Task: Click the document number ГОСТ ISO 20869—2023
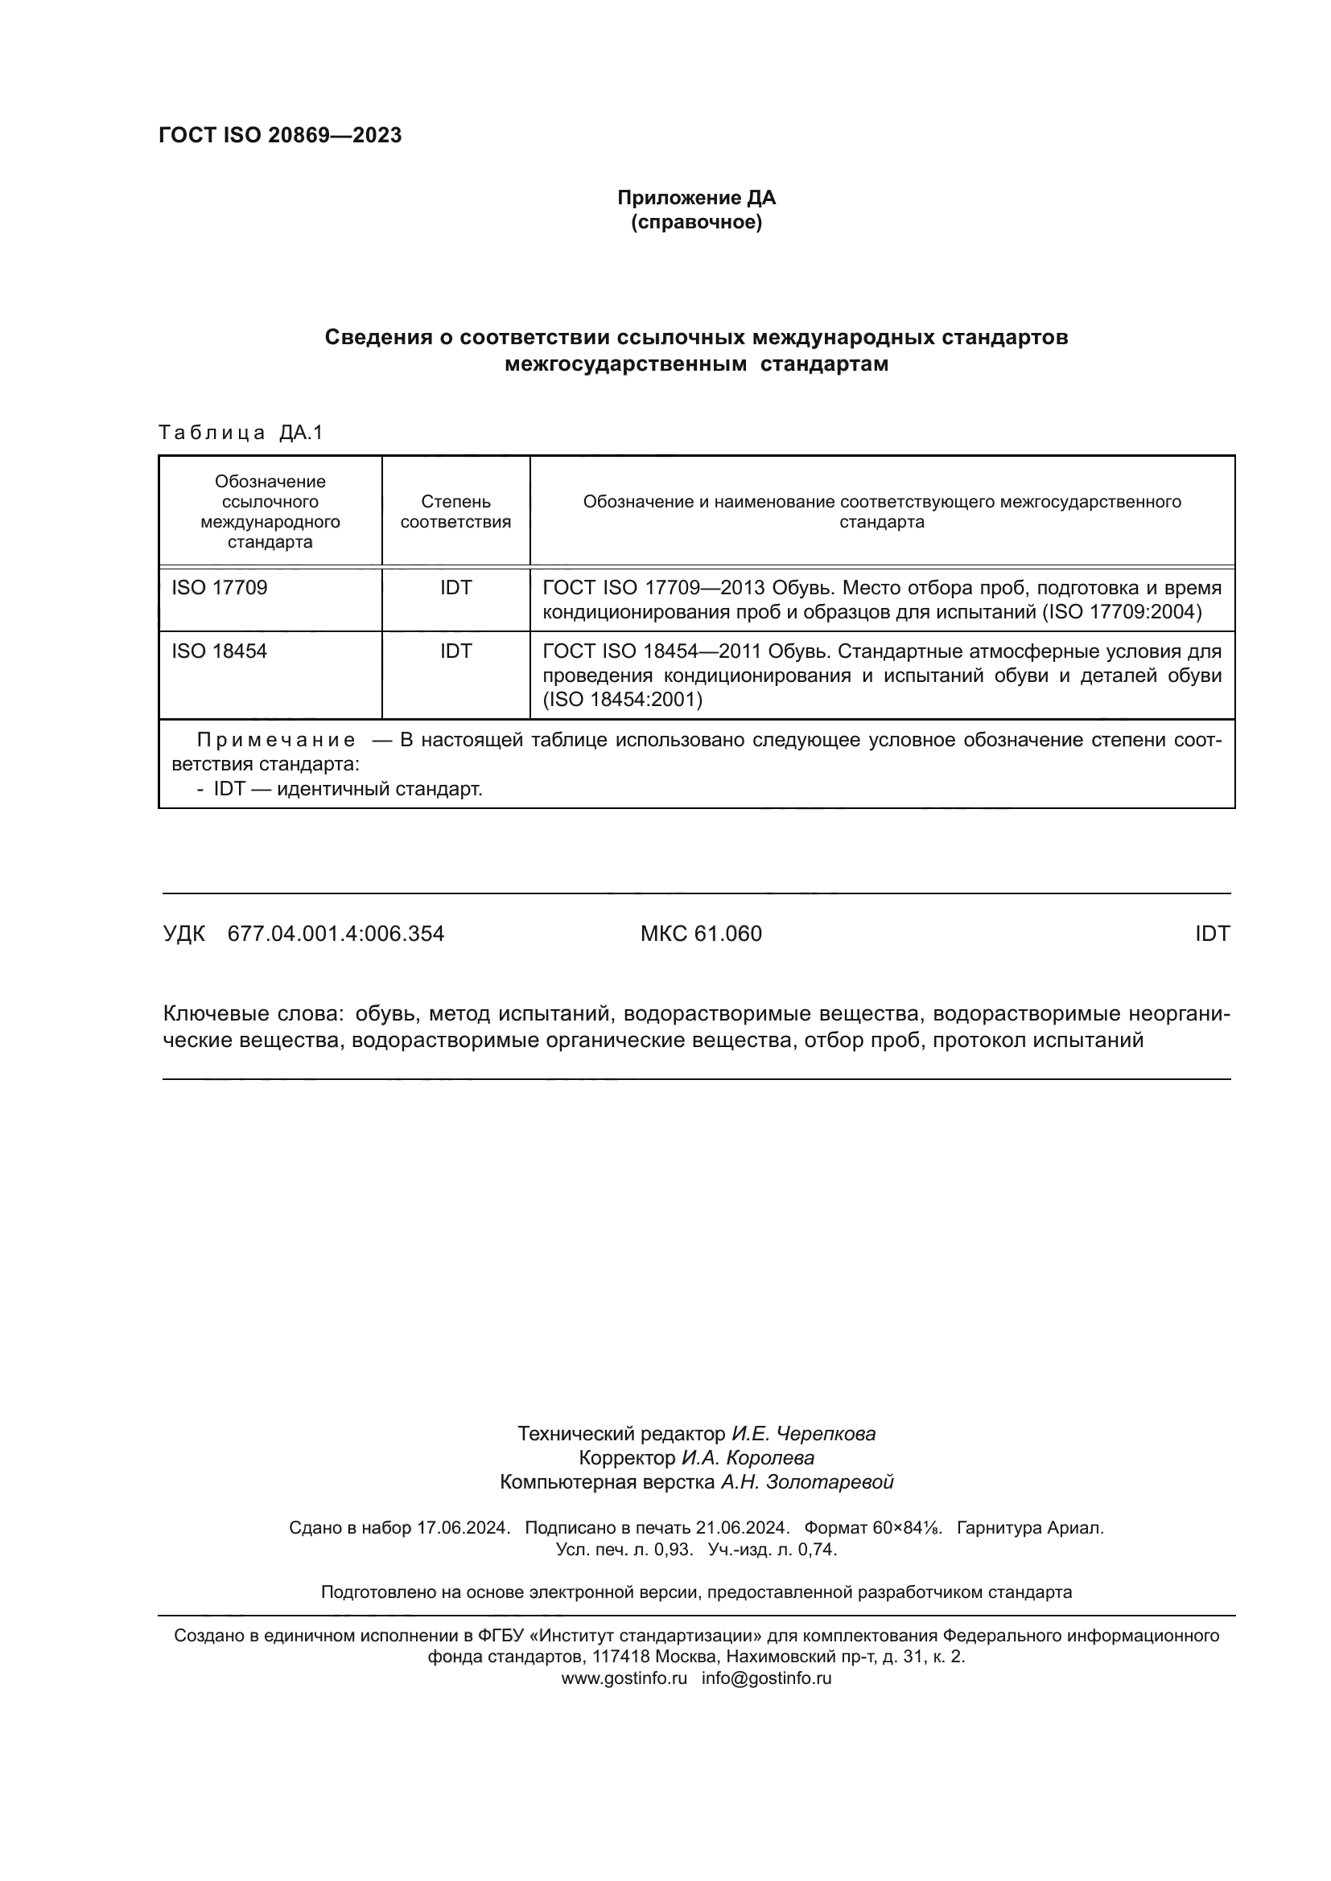(280, 135)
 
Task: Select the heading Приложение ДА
(696, 198)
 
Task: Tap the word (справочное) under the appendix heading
(696, 223)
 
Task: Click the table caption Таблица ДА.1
(241, 433)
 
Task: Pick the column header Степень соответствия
(455, 511)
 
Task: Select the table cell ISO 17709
(219, 587)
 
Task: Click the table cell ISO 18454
(219, 651)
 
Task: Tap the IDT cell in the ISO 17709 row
(455, 587)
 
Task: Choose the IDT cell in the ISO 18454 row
(455, 651)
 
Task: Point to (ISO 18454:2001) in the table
(623, 700)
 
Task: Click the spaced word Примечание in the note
(277, 741)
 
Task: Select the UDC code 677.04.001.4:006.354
(336, 933)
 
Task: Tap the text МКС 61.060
(701, 933)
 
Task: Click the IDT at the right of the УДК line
(1212, 933)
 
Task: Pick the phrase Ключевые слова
(253, 1014)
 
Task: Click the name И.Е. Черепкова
(803, 1434)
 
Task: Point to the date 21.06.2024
(743, 1528)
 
